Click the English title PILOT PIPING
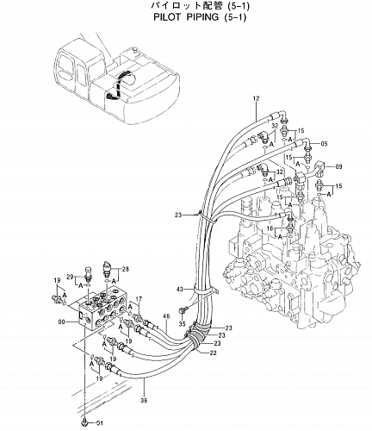pos(186,17)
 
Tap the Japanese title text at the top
pos(186,5)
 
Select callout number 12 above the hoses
pos(256,98)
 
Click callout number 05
pos(324,144)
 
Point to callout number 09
pos(338,166)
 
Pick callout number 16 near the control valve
pos(270,228)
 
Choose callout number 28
pos(126,269)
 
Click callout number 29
pos(70,277)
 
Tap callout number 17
pos(139,299)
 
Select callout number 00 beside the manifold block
pos(62,322)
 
